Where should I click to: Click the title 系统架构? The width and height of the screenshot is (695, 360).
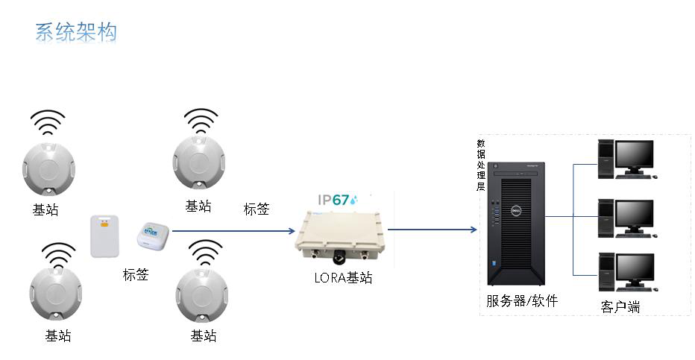[75, 33]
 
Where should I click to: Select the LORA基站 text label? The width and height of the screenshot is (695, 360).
[343, 278]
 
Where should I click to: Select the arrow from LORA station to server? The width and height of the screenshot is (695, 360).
[433, 229]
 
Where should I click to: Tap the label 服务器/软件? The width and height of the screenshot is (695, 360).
[522, 301]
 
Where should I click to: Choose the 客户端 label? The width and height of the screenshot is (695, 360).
[620, 306]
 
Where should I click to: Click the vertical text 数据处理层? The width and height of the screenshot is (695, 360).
[481, 165]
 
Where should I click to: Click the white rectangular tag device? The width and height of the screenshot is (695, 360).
[104, 236]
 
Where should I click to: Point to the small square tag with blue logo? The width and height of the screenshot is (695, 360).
[152, 236]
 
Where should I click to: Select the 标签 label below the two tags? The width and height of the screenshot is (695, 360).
[136, 274]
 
